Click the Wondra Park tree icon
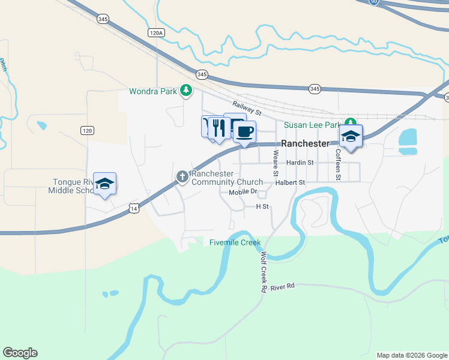point(186,91)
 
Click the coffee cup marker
point(244,131)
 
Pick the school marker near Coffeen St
point(351,136)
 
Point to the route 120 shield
point(87,130)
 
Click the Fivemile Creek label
point(235,242)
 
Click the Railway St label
point(248,109)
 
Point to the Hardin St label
point(300,163)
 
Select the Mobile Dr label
point(243,192)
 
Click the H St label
point(262,206)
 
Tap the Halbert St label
point(291,182)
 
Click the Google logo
point(20,353)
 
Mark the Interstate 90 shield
point(375,2)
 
